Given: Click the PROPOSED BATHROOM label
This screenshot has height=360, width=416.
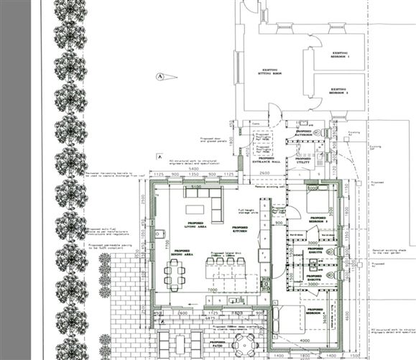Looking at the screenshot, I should pyautogui.click(x=304, y=133).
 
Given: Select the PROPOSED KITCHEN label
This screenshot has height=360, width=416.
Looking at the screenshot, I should pyautogui.click(x=239, y=229).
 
